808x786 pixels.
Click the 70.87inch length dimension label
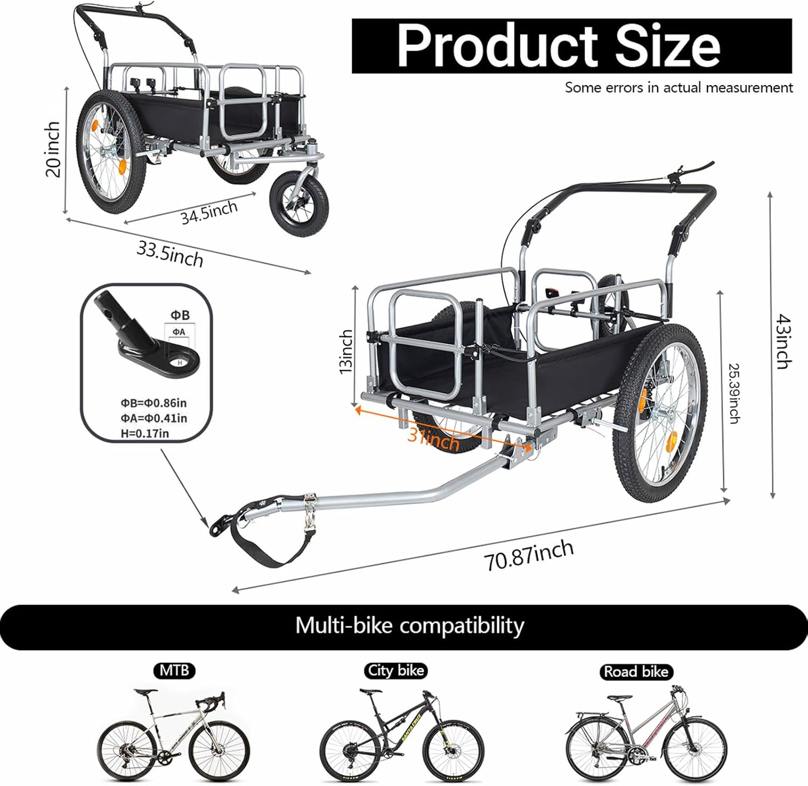point(528,555)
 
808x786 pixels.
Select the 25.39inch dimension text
point(734,394)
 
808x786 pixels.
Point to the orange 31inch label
point(434,439)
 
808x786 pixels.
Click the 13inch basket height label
point(346,351)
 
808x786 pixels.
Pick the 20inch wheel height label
point(53,149)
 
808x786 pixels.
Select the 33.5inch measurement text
point(170,254)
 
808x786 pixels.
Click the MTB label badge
point(175,670)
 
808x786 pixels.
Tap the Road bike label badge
point(636,671)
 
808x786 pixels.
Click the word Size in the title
point(667,46)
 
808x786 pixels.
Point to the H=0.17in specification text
point(144,433)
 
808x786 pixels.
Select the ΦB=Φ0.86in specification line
point(153,403)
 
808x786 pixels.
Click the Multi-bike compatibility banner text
point(409,626)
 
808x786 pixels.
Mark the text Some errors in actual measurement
point(679,87)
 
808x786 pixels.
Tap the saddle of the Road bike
point(621,698)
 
